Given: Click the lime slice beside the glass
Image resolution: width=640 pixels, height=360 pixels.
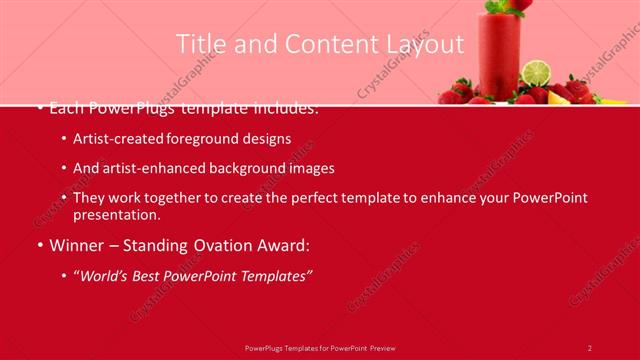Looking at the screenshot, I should [x=537, y=72].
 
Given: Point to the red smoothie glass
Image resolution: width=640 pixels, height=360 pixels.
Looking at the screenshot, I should [x=500, y=55].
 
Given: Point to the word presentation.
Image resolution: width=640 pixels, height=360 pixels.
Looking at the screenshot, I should [x=116, y=214].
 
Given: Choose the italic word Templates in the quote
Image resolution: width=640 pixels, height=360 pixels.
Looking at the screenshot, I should [x=275, y=274].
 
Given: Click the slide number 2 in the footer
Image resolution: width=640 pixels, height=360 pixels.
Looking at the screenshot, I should [x=590, y=347].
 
